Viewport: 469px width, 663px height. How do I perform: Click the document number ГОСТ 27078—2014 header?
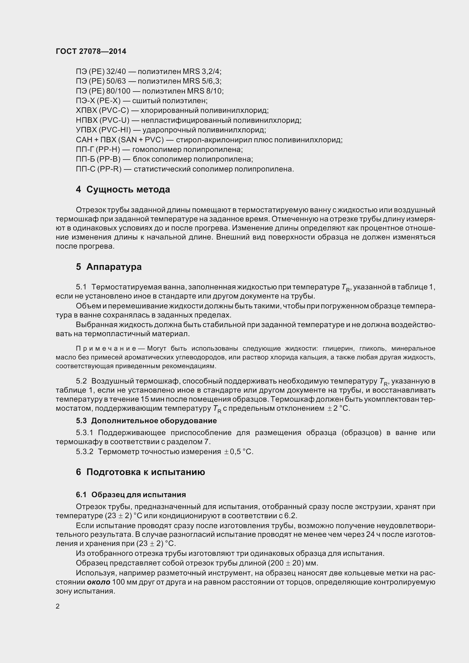coord(91,51)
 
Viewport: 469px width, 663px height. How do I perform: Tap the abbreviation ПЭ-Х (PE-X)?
coord(98,101)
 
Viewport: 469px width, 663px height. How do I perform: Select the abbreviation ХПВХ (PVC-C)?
coord(102,111)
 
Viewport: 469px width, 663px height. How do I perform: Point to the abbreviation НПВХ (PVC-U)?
coord(103,120)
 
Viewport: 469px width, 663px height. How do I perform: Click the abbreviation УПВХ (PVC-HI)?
coord(103,130)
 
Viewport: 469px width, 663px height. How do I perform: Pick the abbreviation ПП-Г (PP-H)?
coord(98,150)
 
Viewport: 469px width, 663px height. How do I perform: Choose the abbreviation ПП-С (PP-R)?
coord(98,169)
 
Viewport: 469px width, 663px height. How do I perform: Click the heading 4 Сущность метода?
coord(123,190)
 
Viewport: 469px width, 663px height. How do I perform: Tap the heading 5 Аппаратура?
coord(109,267)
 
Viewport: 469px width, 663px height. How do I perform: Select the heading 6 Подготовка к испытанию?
coord(140,472)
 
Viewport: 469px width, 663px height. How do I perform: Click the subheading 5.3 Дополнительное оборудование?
coord(146,421)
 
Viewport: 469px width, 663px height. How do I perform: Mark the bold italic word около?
coord(98,582)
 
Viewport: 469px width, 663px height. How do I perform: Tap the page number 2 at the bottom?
coord(58,606)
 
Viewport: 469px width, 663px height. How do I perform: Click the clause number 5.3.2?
coord(85,452)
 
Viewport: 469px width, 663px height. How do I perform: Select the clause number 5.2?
coord(81,382)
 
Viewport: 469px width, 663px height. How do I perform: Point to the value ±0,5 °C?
coord(239,452)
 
